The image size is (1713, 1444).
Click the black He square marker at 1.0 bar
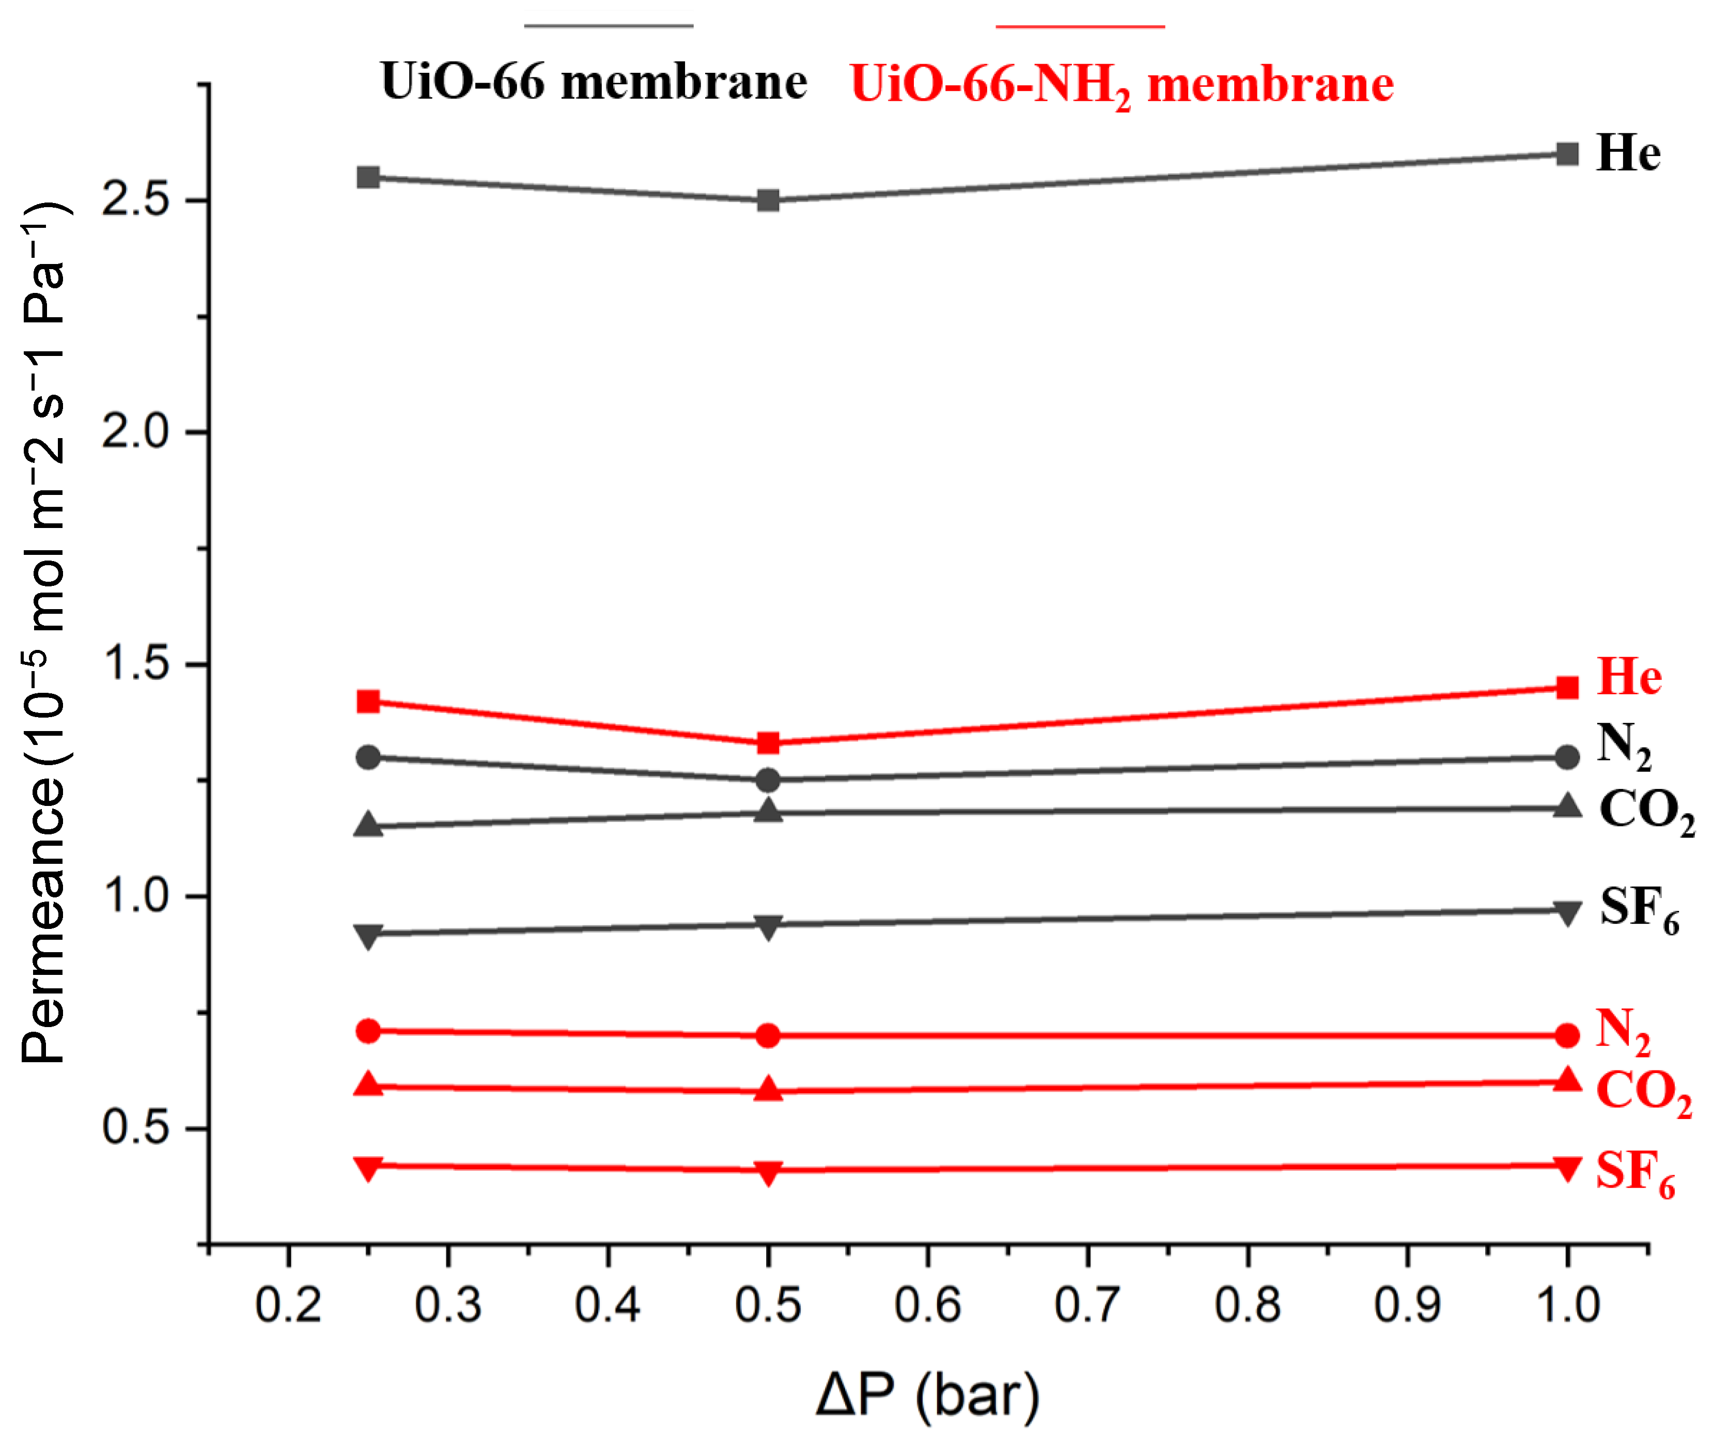click(x=1566, y=154)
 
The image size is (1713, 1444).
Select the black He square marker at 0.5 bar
click(x=768, y=200)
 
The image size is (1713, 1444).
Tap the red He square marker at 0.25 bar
click(x=368, y=702)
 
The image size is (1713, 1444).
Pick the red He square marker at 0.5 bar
click(x=768, y=743)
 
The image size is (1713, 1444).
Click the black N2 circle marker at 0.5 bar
click(x=768, y=780)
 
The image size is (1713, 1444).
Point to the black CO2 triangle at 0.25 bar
click(x=368, y=825)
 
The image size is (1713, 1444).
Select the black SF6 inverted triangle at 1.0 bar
click(x=1566, y=912)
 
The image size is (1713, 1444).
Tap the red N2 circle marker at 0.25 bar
click(x=368, y=1031)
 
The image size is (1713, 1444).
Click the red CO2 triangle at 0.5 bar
click(x=768, y=1089)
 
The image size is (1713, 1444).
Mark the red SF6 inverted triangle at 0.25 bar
click(x=368, y=1167)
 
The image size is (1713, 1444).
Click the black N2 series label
click(x=1624, y=745)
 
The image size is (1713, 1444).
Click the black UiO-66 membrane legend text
click(x=594, y=82)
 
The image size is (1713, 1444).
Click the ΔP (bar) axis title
click(x=927, y=1396)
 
